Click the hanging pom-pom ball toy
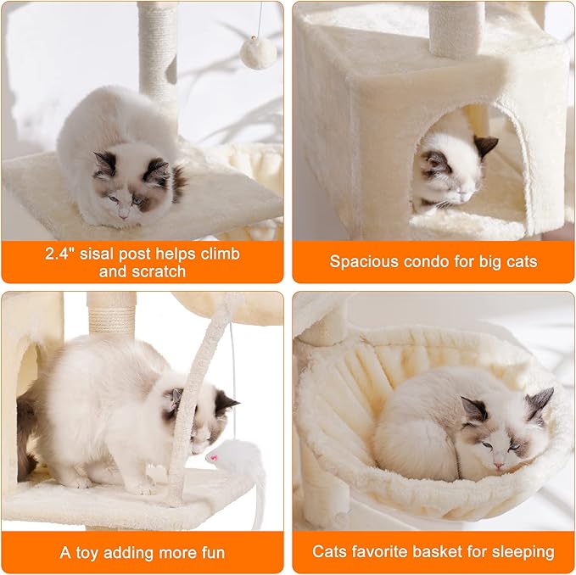click(258, 53)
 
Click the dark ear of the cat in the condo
click(485, 145)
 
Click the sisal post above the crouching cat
click(157, 51)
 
